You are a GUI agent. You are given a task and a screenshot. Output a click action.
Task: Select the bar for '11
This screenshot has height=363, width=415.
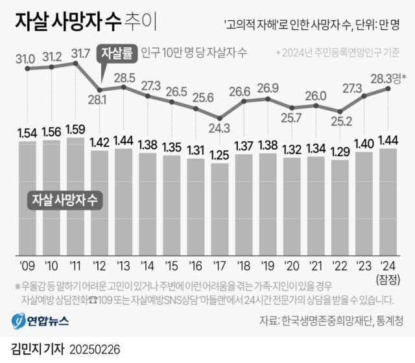[x=76, y=194]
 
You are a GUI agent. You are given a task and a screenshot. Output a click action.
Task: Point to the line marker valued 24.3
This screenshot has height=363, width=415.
[x=220, y=118]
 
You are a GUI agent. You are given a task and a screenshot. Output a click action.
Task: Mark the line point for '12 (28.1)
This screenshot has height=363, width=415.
[x=100, y=89]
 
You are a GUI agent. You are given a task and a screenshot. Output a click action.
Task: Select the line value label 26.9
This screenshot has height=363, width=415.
[x=268, y=88]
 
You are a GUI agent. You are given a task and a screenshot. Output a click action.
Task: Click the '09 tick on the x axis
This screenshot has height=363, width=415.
[x=28, y=266]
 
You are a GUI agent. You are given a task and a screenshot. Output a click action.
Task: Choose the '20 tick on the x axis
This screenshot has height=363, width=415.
[x=292, y=266]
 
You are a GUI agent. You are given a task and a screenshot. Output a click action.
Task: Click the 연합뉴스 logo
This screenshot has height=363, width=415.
[x=40, y=320]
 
